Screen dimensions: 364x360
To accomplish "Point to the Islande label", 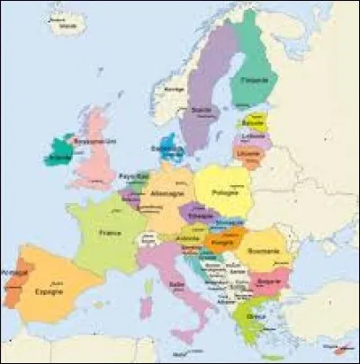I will point(63,28).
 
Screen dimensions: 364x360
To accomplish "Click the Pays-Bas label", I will point(135,177).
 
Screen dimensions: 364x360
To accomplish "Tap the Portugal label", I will point(13,271).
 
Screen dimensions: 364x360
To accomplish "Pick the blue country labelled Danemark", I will point(163,148).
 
